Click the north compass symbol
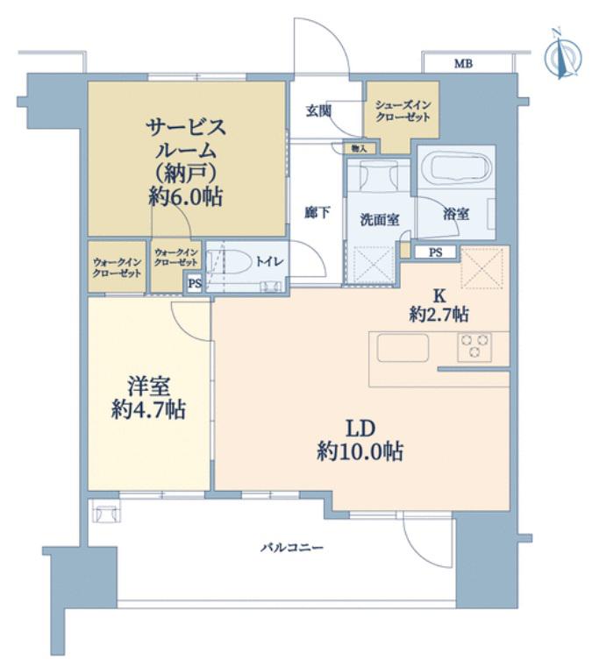(x=563, y=55)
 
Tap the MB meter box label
(x=463, y=64)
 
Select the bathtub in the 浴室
(x=456, y=168)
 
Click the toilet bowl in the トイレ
(x=231, y=261)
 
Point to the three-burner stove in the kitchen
(x=474, y=347)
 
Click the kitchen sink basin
(x=403, y=348)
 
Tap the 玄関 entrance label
(x=318, y=111)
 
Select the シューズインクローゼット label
(x=403, y=110)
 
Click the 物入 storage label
(x=359, y=148)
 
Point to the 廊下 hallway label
(x=317, y=212)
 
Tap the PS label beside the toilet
(x=195, y=283)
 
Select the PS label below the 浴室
(x=435, y=252)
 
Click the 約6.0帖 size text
(x=186, y=197)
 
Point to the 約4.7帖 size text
(x=148, y=410)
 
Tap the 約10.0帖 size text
(x=360, y=451)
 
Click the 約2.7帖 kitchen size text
(x=439, y=315)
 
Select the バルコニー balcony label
(x=292, y=547)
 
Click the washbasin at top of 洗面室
(x=378, y=174)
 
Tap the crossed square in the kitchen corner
(x=484, y=267)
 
